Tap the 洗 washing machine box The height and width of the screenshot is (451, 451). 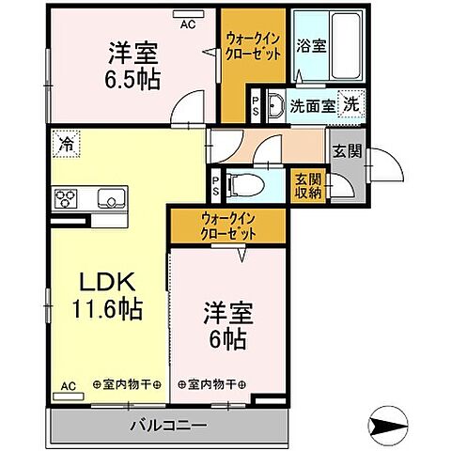pos(350,103)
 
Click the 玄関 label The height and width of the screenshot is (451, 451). pos(341,148)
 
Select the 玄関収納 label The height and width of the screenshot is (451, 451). pos(308,184)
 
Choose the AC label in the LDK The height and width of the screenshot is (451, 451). pos(68,384)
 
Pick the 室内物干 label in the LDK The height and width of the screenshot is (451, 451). pos(127,384)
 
